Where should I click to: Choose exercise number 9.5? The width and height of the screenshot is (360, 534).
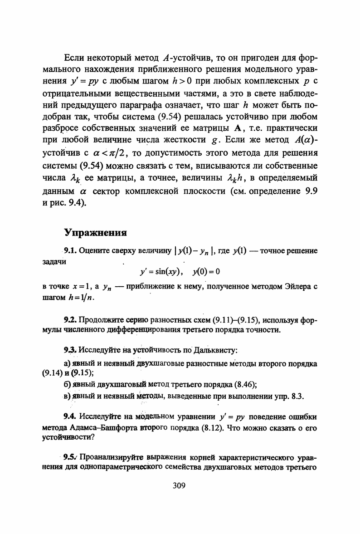[72, 456]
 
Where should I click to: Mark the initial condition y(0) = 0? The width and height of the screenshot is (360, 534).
[206, 272]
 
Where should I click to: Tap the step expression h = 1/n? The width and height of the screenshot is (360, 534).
[87, 298]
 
